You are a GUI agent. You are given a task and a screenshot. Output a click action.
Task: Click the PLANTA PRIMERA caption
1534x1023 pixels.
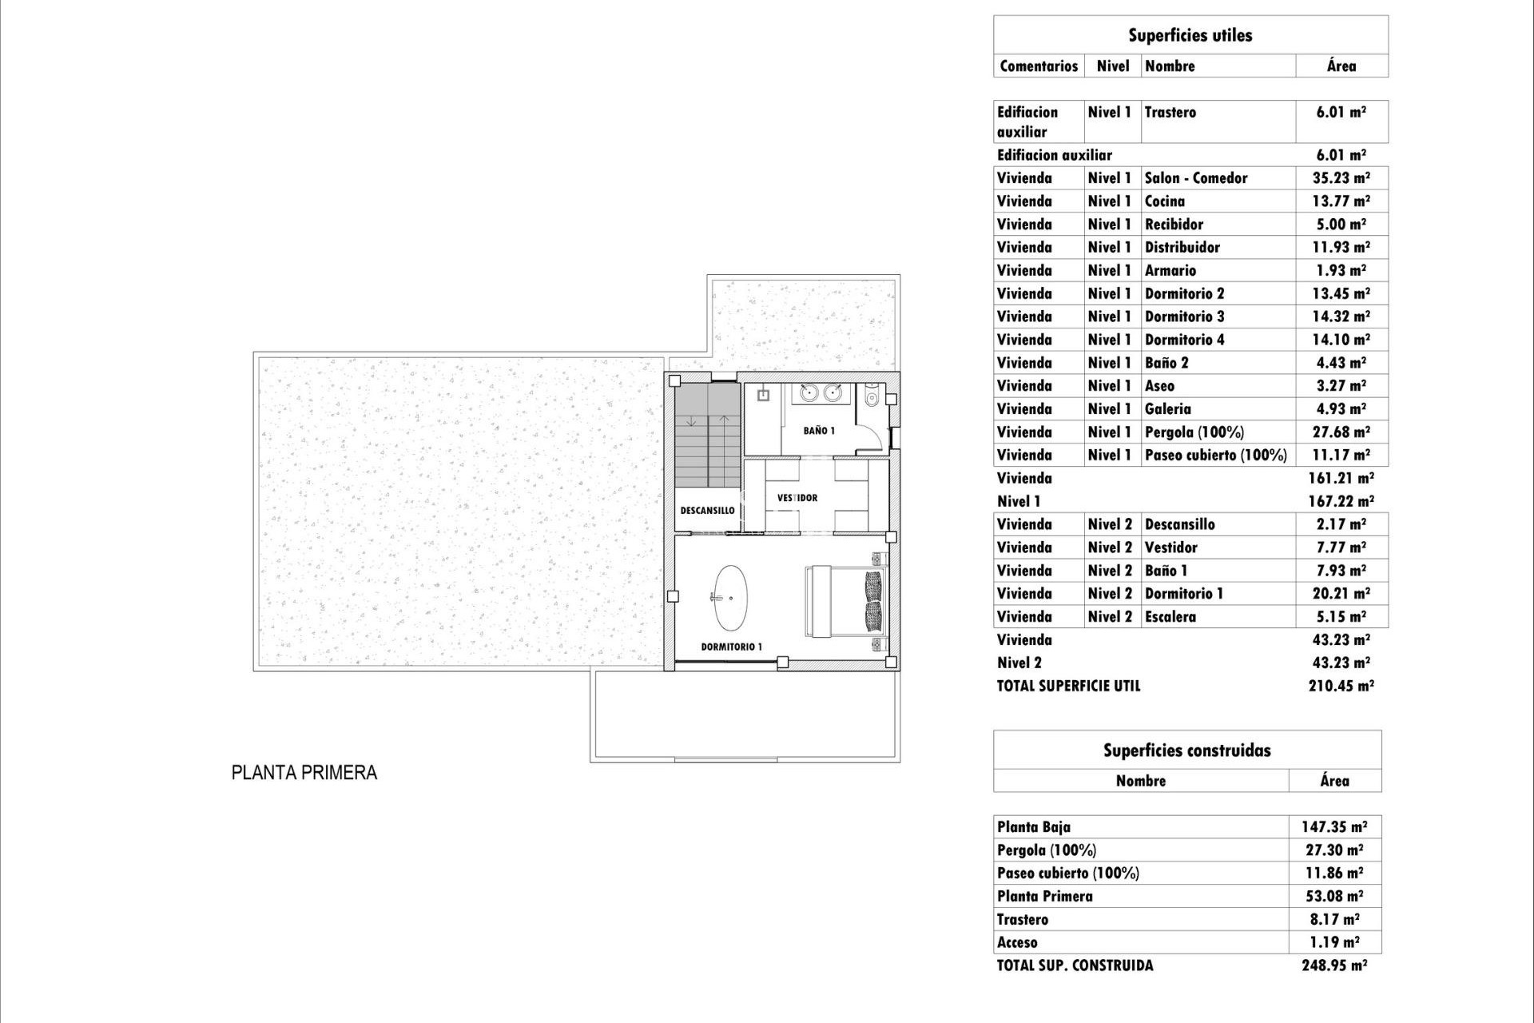[x=304, y=773]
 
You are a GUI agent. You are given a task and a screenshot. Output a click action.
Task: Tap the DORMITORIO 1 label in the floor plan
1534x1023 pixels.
[x=731, y=647]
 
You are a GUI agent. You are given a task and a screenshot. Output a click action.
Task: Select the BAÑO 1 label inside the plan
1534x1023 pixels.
[x=819, y=431]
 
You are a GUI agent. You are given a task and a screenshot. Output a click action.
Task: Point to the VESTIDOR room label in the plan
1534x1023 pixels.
[x=797, y=498]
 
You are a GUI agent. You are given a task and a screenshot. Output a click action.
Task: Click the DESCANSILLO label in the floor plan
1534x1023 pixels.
[x=707, y=511]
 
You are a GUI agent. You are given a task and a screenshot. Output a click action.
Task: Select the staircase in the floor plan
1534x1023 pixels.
[x=708, y=436]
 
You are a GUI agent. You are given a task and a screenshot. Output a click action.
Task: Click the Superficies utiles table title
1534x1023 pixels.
[x=1190, y=35]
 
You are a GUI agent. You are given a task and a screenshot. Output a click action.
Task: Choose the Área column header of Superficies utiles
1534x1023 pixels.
[x=1341, y=66]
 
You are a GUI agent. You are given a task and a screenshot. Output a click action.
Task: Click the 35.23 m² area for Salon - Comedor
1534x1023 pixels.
[x=1341, y=178]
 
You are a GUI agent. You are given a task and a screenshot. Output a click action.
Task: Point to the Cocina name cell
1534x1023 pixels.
[x=1164, y=201]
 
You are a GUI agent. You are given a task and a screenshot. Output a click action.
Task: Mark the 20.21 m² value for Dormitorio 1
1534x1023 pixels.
[x=1341, y=594]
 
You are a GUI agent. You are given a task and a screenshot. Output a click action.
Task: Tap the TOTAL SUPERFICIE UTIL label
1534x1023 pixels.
[x=1068, y=686]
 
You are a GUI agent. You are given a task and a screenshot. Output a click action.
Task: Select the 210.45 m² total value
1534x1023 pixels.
[x=1341, y=686]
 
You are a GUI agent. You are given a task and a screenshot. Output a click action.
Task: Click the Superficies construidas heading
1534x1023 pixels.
[x=1186, y=750]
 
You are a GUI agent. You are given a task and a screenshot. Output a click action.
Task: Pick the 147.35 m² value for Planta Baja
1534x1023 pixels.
[x=1334, y=827]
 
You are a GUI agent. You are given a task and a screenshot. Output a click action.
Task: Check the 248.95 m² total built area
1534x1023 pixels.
[x=1334, y=965]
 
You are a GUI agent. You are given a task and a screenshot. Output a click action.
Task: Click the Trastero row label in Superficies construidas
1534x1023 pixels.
[x=1023, y=920]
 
